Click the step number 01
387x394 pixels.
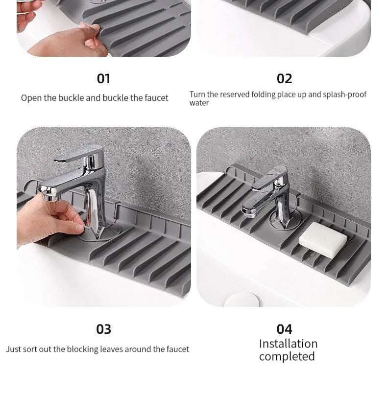click(103, 78)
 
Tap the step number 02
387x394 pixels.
click(284, 78)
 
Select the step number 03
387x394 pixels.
click(103, 329)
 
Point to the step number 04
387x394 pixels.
click(284, 329)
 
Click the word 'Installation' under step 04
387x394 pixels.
click(288, 344)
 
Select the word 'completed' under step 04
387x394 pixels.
click(287, 357)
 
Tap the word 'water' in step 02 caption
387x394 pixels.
click(199, 103)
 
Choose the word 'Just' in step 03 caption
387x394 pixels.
click(14, 349)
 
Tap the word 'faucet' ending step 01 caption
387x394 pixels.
click(156, 98)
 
